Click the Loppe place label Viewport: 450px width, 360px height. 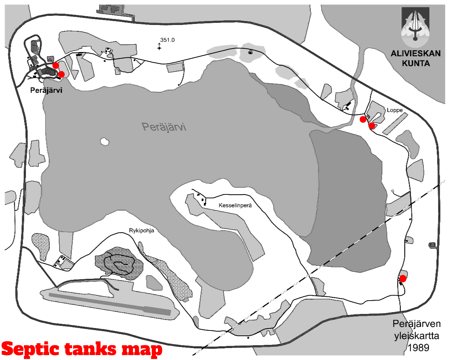394,110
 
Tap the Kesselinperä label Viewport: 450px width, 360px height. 235,205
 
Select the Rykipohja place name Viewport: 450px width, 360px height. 142,231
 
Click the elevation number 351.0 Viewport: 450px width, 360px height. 167,40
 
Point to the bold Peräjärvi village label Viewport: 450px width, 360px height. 46,90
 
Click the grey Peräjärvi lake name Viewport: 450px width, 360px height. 164,127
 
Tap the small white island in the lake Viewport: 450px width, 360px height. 104,142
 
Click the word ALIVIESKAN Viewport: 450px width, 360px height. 416,53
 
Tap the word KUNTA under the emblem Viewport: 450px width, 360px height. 416,63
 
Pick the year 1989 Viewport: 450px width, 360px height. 418,348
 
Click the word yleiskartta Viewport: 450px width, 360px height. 417,336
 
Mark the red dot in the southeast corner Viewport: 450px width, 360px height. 403,279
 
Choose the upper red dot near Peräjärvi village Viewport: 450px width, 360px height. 56,65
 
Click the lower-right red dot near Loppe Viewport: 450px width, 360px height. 372,126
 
